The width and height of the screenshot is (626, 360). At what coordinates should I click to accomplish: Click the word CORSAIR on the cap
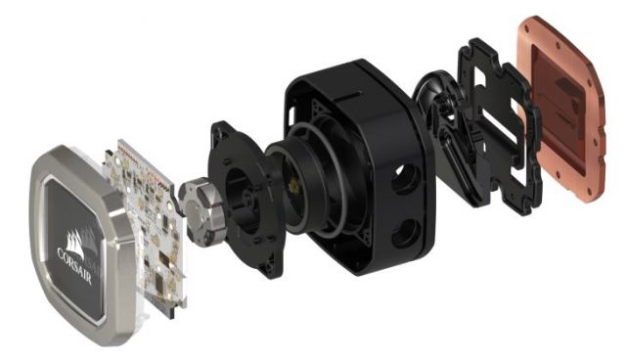pyautogui.click(x=74, y=266)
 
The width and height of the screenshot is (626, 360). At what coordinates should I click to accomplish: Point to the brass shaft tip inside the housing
pyautogui.click(x=295, y=184)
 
